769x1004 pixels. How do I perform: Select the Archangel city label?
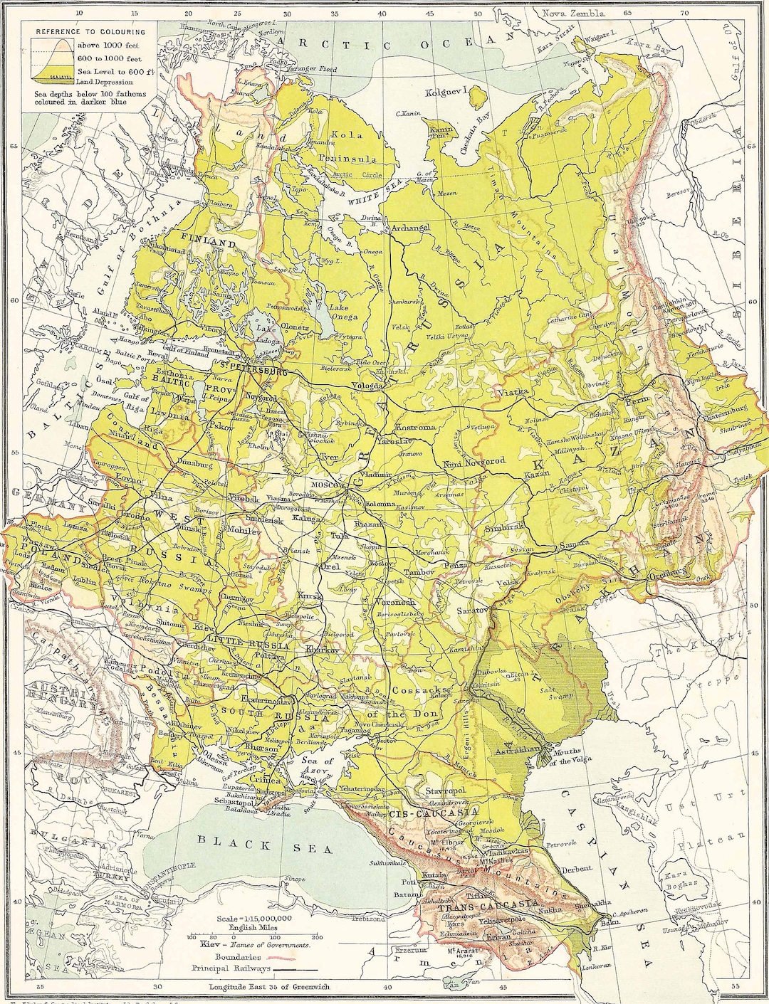pyautogui.click(x=411, y=228)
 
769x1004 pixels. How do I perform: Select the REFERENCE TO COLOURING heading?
pyautogui.click(x=90, y=31)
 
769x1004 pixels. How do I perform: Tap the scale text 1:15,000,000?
pyautogui.click(x=253, y=919)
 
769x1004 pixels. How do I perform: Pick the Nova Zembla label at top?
pyautogui.click(x=573, y=13)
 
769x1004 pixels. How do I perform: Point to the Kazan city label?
pyautogui.click(x=537, y=474)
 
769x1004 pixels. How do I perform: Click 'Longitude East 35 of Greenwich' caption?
pyautogui.click(x=268, y=987)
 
